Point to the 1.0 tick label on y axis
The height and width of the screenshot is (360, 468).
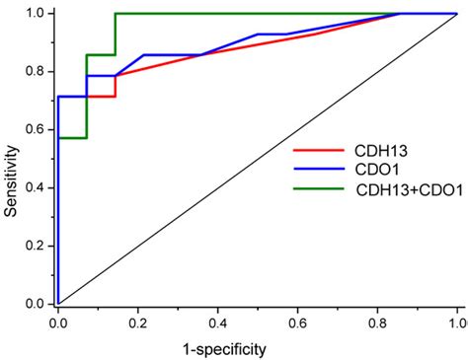coord(37,14)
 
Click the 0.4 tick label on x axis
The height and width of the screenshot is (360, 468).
coord(217,322)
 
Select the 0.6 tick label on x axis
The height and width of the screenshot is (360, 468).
coord(297,322)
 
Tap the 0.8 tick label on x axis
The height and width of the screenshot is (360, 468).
coord(377,322)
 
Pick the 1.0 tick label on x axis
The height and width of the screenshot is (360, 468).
coord(455,322)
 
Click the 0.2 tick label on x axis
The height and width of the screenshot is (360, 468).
coord(138,322)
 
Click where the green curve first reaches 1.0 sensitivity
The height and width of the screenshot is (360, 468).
coord(116,14)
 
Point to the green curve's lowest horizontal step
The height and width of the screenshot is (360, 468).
coord(72,138)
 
